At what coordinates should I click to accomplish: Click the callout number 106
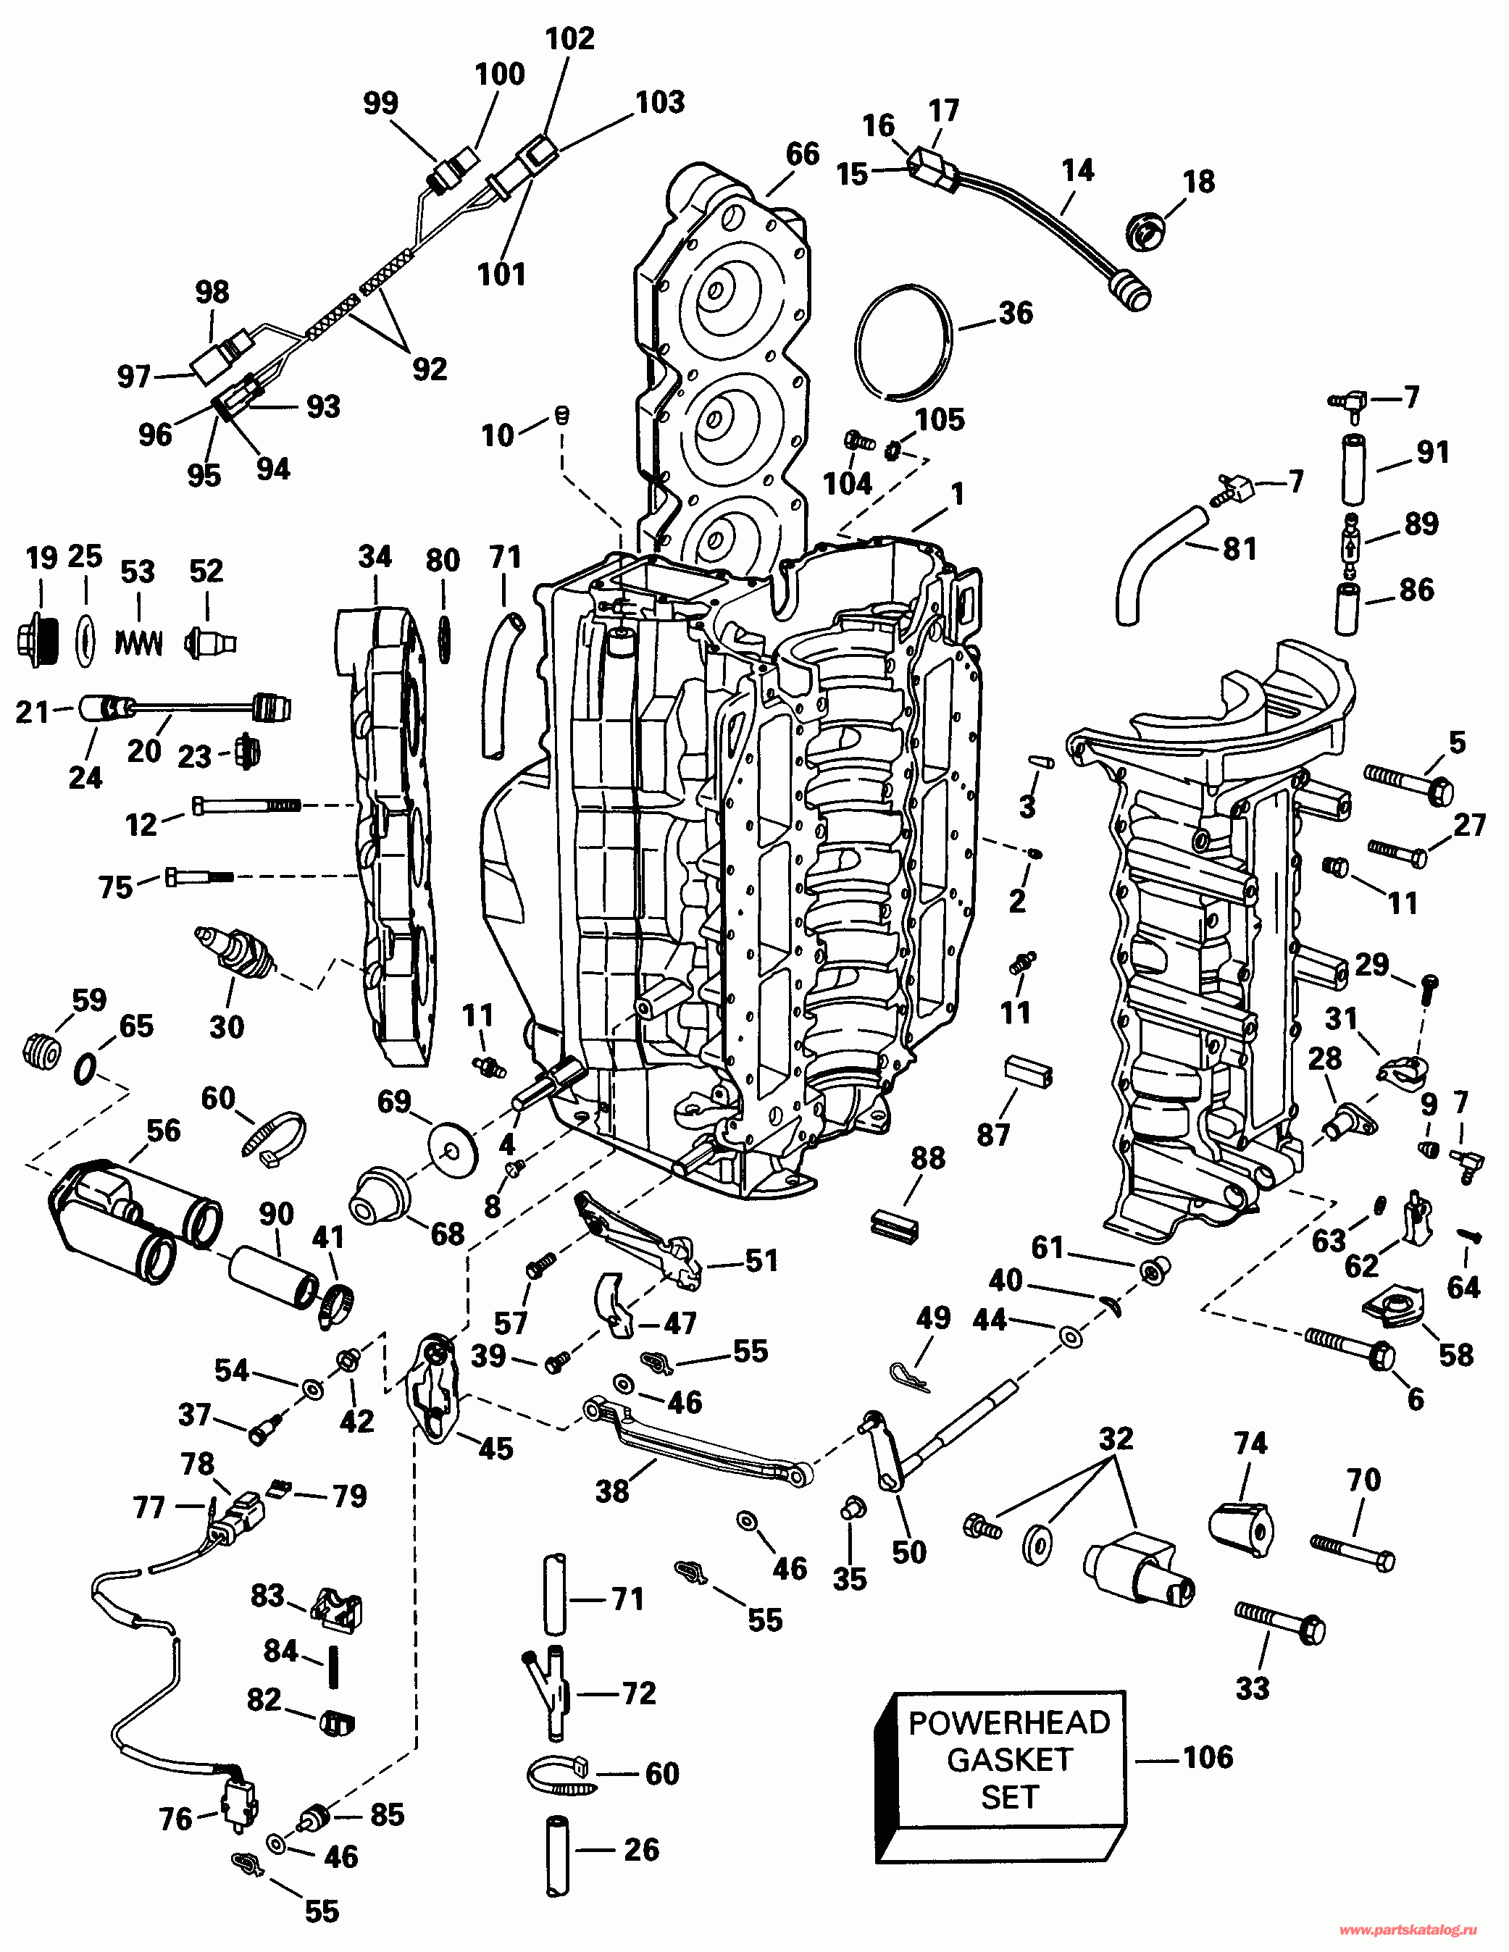[x=1208, y=1757]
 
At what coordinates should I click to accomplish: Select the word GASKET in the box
[x=1009, y=1759]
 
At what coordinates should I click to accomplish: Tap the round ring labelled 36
[x=903, y=341]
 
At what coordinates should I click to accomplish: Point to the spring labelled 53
[x=138, y=641]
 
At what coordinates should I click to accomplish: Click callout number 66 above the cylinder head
[x=803, y=154]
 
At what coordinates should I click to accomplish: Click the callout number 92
[x=429, y=368]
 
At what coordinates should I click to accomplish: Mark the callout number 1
[x=958, y=494]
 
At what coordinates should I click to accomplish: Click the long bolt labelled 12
[x=246, y=805]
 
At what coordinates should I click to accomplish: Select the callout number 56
[x=164, y=1130]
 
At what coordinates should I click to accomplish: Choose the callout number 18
[x=1199, y=181]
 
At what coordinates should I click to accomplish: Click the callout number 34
[x=375, y=557]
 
